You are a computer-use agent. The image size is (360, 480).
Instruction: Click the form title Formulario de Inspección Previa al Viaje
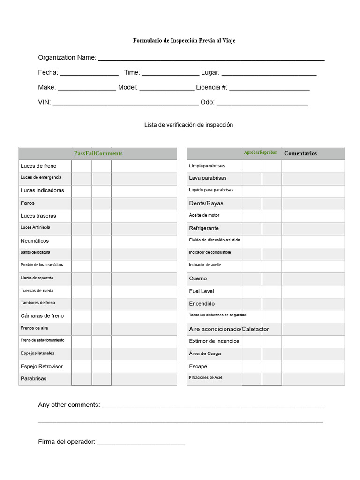click(184, 41)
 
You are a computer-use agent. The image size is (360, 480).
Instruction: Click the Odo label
click(207, 102)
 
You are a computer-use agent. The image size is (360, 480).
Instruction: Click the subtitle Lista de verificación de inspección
click(188, 125)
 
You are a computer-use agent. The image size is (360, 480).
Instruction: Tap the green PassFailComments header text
click(98, 153)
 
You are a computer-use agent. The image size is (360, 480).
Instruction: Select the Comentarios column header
click(300, 153)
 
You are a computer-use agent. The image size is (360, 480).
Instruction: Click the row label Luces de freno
click(38, 166)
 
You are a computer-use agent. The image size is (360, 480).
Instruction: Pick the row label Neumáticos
click(35, 241)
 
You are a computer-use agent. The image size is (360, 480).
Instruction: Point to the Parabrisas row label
click(34, 379)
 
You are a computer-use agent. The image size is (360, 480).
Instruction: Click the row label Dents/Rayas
click(206, 203)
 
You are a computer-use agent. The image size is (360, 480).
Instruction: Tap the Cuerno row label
click(198, 278)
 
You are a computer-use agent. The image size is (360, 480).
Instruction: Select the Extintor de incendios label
click(214, 341)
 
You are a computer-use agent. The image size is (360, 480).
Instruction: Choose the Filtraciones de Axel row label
click(205, 378)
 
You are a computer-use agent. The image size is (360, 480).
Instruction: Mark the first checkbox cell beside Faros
click(82, 203)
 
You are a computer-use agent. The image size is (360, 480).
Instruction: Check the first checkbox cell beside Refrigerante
click(252, 228)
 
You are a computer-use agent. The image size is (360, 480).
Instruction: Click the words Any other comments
click(69, 405)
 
